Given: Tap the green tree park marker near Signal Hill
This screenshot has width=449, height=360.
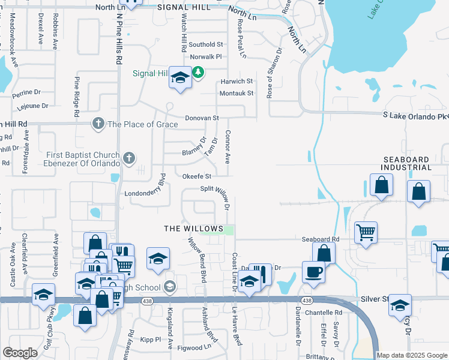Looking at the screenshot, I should (198, 73).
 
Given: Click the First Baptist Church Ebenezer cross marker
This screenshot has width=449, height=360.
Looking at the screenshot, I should (128, 159).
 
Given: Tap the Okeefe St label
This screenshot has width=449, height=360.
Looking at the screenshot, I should (197, 176).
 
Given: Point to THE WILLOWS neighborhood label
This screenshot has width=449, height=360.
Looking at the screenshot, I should (187, 229).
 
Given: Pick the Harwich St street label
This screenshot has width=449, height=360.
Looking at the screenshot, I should (237, 81).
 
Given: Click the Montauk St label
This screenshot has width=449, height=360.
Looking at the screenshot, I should (237, 93).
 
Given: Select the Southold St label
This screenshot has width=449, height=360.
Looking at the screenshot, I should (206, 44).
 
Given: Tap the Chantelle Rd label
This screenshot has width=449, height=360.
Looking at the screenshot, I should (324, 313).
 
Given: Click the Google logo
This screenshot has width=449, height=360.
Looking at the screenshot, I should (20, 353).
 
